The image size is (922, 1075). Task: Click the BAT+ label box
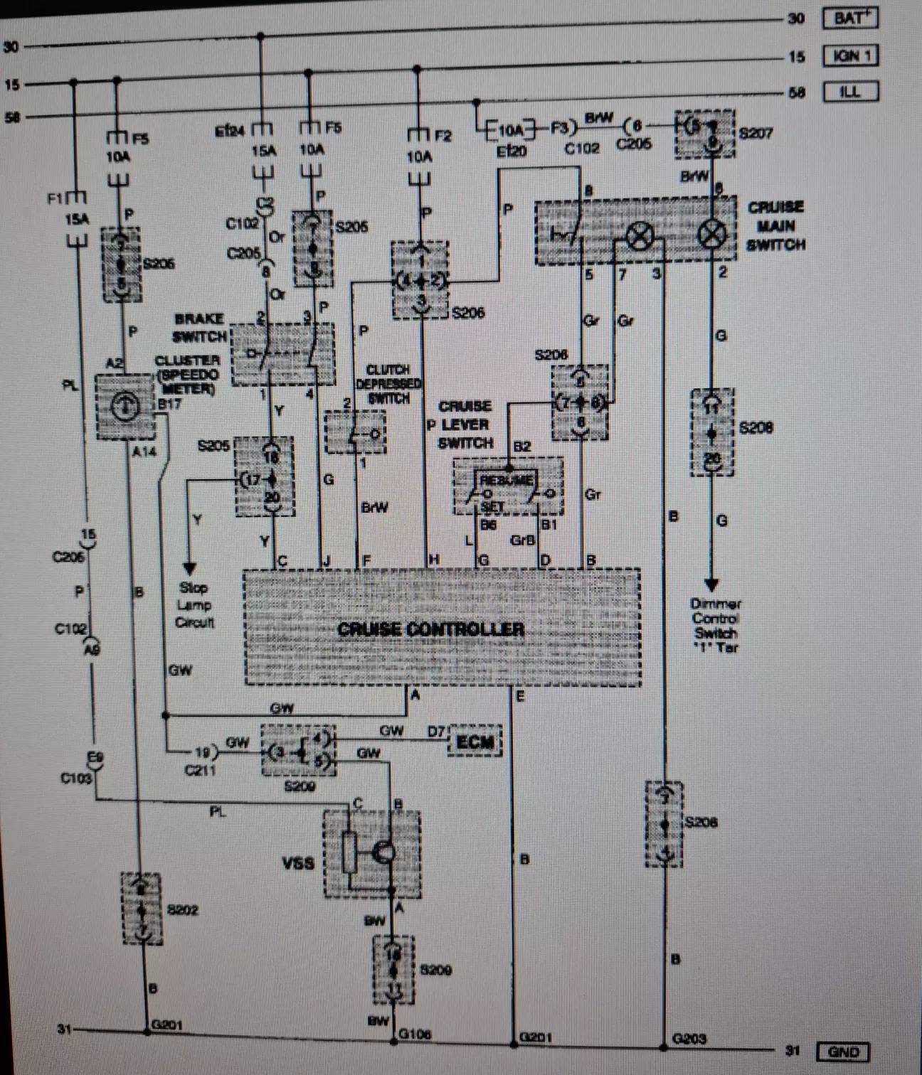coord(850,18)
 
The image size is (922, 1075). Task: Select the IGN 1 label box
coord(850,55)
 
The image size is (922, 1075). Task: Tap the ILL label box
coord(850,92)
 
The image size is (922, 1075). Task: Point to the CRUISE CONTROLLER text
coord(431,629)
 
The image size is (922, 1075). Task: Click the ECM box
coord(475,742)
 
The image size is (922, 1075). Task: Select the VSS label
coord(298,864)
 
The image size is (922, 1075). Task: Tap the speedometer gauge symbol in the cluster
coord(125,406)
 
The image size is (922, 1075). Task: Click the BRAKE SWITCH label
coord(199,328)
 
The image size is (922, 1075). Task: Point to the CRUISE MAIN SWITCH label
coord(775,226)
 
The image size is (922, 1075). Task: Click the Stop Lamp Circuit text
coord(194,605)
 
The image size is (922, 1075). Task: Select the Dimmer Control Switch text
coord(716,625)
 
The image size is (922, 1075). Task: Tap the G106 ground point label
coord(415,1034)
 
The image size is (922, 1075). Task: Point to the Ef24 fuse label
coord(230,131)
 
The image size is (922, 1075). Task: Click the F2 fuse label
coord(443,135)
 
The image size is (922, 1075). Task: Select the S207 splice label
coord(756,133)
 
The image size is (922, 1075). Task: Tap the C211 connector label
coord(200,770)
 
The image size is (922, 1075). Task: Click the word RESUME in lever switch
coord(506,480)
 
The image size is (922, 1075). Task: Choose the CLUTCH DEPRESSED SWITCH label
coord(388,384)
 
